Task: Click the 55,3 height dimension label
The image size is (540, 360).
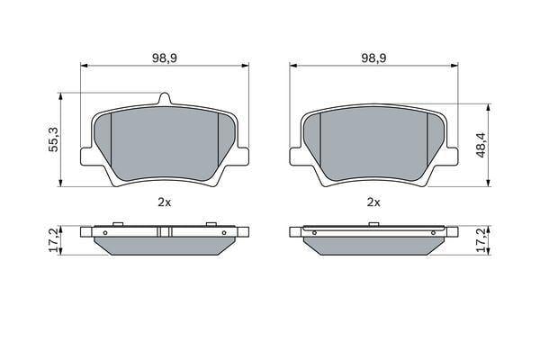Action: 54,139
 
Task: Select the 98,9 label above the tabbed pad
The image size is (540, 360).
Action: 165,58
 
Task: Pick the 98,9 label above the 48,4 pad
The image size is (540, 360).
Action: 373,58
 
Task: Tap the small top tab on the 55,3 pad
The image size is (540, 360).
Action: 165,98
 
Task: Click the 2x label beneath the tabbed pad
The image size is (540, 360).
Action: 165,202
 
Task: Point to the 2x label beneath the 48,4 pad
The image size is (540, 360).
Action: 373,202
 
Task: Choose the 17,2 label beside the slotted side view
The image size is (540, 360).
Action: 54,240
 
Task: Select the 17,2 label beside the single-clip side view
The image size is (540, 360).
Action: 482,240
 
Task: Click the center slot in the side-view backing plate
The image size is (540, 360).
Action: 165,232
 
